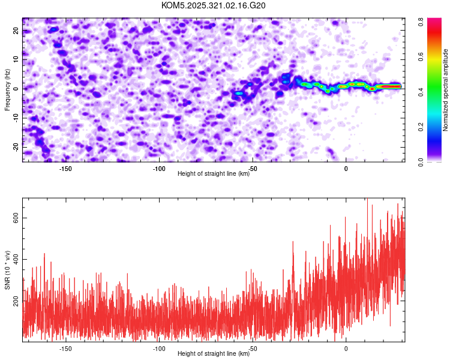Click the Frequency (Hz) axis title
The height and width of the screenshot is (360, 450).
coord(7,89)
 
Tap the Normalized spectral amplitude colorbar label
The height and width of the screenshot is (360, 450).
coord(446,90)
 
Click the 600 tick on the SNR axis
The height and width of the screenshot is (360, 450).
coord(16,219)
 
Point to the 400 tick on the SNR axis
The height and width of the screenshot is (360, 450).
coord(16,259)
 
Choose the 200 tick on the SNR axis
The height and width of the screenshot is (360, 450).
coord(16,300)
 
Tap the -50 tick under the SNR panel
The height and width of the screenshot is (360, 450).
coord(253,348)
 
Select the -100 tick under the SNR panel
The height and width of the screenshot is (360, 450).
coord(159,348)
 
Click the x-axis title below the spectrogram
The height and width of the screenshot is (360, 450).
coord(214,174)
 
